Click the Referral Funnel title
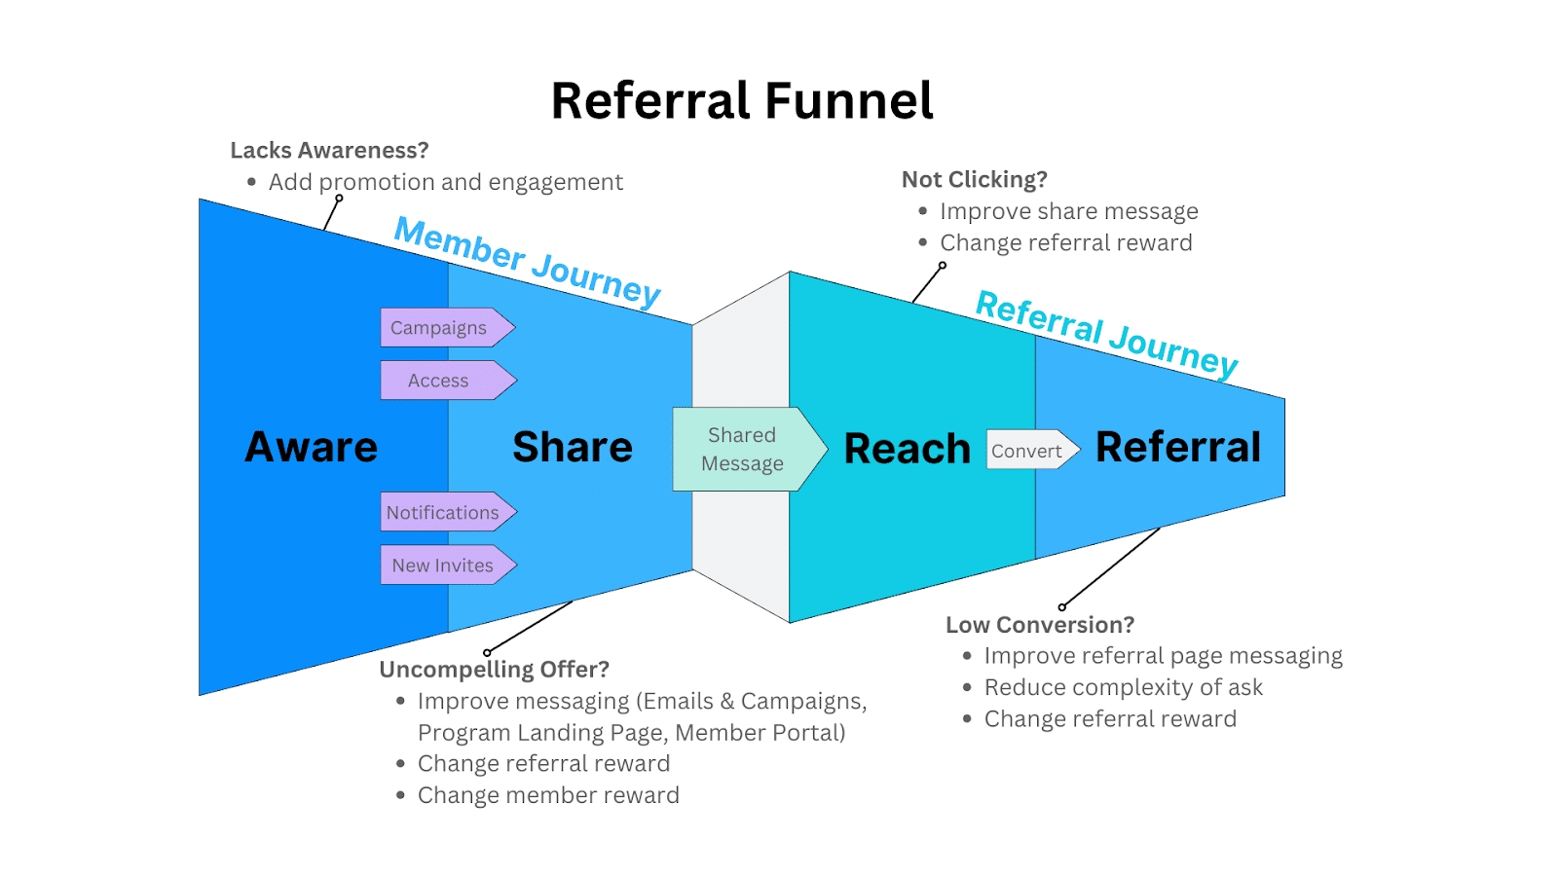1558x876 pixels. click(x=742, y=101)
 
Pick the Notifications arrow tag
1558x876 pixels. click(x=444, y=512)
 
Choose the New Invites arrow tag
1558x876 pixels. click(x=444, y=566)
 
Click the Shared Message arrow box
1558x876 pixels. click(x=744, y=449)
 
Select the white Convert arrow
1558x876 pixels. click(x=1028, y=451)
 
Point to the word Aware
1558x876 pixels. click(x=312, y=448)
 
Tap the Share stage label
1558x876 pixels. click(x=573, y=448)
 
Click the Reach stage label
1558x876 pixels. click(x=907, y=450)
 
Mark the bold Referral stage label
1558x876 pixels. click(x=1178, y=448)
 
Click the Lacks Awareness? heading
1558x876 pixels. click(x=329, y=151)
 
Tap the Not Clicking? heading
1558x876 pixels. click(x=974, y=180)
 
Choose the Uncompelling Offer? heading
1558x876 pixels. click(x=494, y=670)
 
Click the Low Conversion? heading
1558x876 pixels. click(x=1040, y=625)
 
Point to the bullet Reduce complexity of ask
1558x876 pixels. click(x=1123, y=688)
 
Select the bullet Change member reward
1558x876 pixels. click(x=548, y=795)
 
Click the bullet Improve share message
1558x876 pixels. click(x=1068, y=212)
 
